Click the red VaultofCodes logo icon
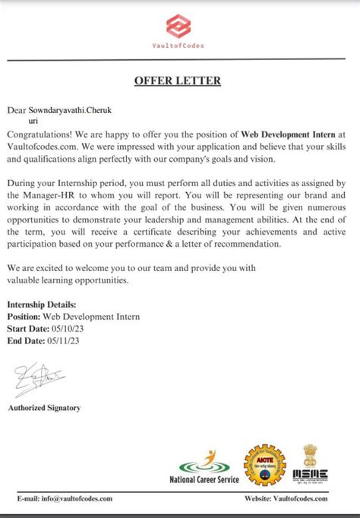point(178,26)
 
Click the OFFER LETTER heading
point(177,81)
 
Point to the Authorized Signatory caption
point(44,408)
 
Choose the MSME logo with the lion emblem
point(310,465)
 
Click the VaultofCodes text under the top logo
point(178,45)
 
